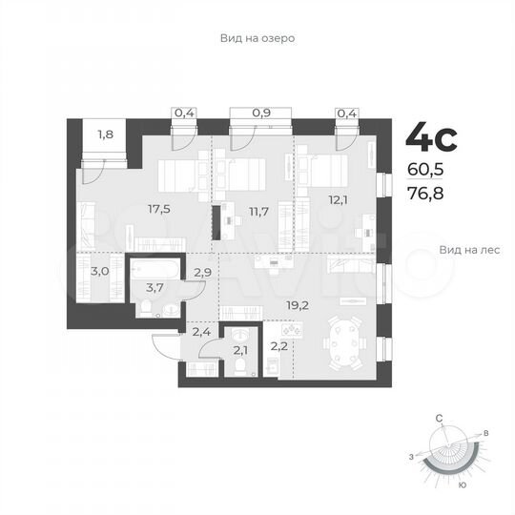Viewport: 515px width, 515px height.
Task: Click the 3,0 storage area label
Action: pos(100,272)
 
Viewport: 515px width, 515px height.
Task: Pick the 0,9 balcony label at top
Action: pos(259,113)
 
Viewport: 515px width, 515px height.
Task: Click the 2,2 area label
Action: pos(278,346)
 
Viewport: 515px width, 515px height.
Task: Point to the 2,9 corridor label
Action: pos(202,273)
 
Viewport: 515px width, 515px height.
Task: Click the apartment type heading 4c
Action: pos(431,138)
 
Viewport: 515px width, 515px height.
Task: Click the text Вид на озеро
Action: pos(257,39)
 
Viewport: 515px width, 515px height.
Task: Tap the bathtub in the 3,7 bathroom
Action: pos(152,266)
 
